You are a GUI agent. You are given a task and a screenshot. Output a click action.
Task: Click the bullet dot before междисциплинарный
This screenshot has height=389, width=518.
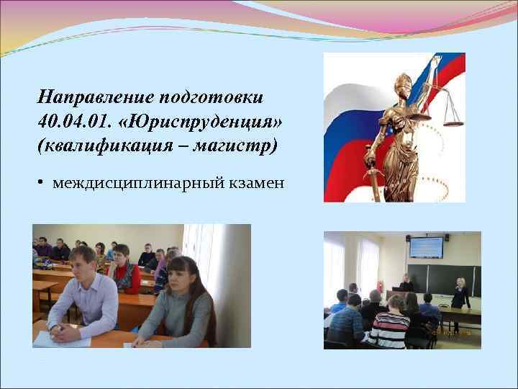[x=42, y=183]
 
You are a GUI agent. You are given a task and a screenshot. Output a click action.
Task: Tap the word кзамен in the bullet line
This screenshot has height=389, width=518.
[x=259, y=184]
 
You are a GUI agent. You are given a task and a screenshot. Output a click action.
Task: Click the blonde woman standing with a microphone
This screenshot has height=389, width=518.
[x=460, y=291]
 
